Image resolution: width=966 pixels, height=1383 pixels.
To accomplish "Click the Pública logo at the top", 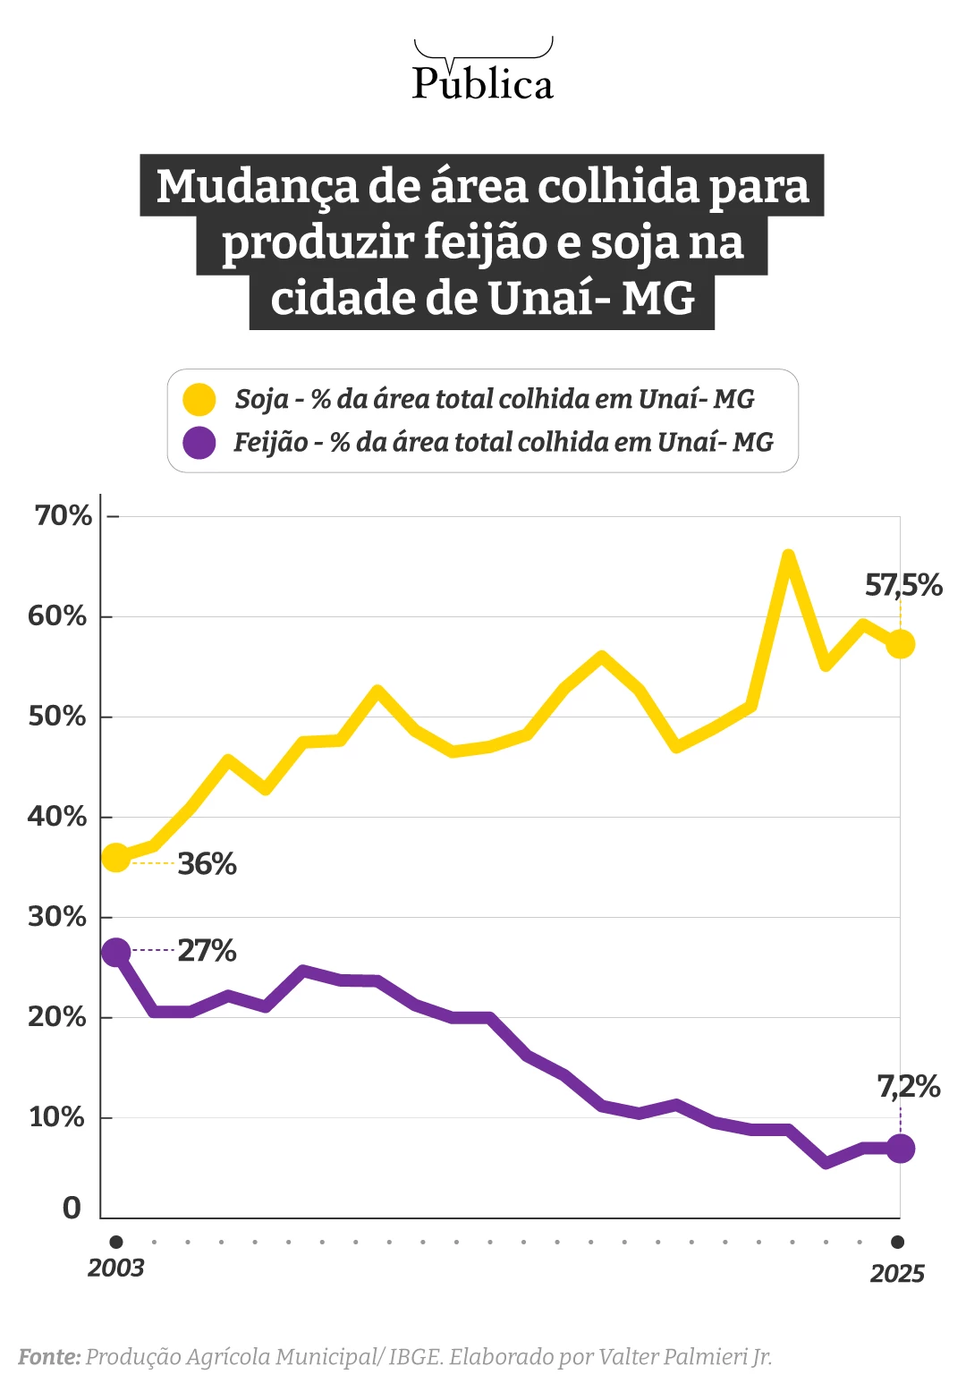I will click(x=482, y=72).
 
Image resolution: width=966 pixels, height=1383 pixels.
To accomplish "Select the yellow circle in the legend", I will click(x=199, y=399).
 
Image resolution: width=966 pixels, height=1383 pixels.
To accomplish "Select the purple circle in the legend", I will click(x=199, y=442).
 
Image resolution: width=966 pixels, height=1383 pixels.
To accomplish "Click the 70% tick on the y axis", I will click(x=63, y=516).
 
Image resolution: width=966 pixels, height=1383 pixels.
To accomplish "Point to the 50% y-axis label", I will click(x=57, y=717).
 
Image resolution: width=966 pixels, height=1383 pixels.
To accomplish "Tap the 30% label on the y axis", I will click(x=57, y=917).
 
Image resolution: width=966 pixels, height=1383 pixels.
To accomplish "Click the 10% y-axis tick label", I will click(x=57, y=1117).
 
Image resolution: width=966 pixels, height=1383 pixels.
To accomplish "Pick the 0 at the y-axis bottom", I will click(x=72, y=1209).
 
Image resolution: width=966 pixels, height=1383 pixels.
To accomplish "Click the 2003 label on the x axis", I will click(x=115, y=1268).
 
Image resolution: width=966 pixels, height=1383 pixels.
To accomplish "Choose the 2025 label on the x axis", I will click(x=897, y=1274).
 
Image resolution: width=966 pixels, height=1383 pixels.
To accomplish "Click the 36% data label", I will click(x=207, y=864).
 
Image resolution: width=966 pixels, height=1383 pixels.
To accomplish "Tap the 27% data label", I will click(x=207, y=950).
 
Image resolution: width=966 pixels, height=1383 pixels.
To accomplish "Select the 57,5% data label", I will click(x=902, y=586).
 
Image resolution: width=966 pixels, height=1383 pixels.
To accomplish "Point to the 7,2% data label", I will click(x=908, y=1087).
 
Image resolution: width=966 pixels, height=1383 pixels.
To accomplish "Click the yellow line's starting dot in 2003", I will click(x=115, y=858).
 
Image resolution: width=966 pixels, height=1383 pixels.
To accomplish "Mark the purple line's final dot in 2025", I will click(x=900, y=1148).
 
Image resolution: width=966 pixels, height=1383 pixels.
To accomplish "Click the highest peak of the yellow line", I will click(x=788, y=556).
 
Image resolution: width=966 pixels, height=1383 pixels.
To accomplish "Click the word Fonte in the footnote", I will click(x=49, y=1357).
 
